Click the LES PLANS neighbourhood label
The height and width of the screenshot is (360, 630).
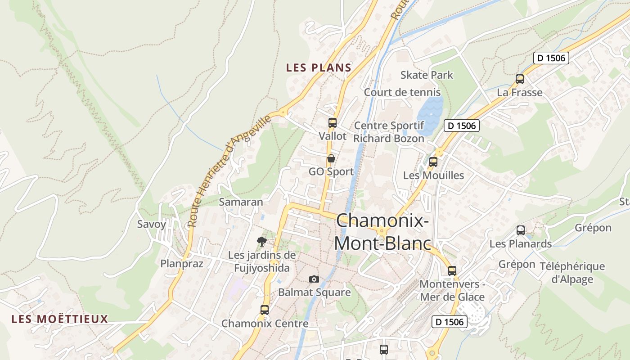[319, 68]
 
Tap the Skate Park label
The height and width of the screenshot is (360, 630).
[427, 75]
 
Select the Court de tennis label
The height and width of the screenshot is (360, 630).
[402, 92]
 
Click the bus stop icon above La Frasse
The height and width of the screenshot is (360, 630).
[520, 80]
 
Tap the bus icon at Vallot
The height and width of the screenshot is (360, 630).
[333, 122]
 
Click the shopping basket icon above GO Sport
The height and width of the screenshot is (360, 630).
[331, 158]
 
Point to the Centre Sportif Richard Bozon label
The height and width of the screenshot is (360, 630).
[389, 132]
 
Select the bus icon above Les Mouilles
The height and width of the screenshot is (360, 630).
[433, 162]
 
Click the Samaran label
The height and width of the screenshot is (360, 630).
[241, 202]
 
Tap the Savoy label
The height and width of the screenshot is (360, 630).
[152, 224]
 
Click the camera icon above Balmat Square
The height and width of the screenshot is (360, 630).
[314, 279]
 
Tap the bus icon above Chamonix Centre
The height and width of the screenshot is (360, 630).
[265, 310]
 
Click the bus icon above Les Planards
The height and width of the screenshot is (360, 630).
[521, 230]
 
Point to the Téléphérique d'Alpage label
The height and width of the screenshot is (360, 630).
[578, 273]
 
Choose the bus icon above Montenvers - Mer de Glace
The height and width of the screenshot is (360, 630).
[452, 271]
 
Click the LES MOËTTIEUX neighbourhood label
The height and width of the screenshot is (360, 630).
[60, 319]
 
